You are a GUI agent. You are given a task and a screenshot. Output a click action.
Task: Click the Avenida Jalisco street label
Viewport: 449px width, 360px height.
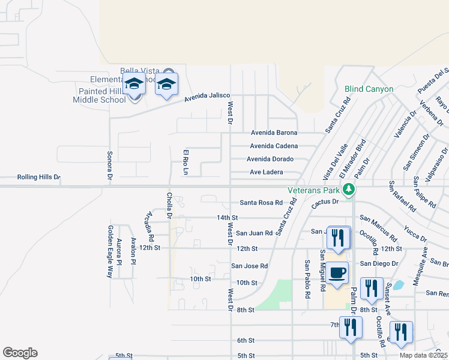click(207, 97)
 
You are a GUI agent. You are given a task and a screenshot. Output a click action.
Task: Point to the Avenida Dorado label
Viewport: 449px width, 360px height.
click(270, 159)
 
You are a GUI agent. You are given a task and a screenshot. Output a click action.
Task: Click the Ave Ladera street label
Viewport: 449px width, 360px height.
click(266, 172)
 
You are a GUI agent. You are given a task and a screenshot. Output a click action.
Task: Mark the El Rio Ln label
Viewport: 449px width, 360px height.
click(186, 163)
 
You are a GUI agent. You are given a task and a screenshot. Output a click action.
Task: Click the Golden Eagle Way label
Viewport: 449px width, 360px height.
click(110, 251)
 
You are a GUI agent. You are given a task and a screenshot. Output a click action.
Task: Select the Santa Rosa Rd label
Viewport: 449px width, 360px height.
click(261, 203)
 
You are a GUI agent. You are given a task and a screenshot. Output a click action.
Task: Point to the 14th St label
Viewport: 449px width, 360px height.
click(228, 217)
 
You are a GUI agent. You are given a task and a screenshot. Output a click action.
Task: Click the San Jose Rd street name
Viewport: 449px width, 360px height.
click(250, 266)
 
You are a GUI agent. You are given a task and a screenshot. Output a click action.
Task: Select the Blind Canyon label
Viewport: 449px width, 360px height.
click(369, 89)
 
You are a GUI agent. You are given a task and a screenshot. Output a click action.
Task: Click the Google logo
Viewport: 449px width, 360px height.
click(20, 353)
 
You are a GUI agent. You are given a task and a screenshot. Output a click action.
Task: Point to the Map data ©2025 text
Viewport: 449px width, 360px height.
click(423, 355)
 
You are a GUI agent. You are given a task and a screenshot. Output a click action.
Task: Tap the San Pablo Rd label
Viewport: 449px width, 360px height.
click(307, 279)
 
